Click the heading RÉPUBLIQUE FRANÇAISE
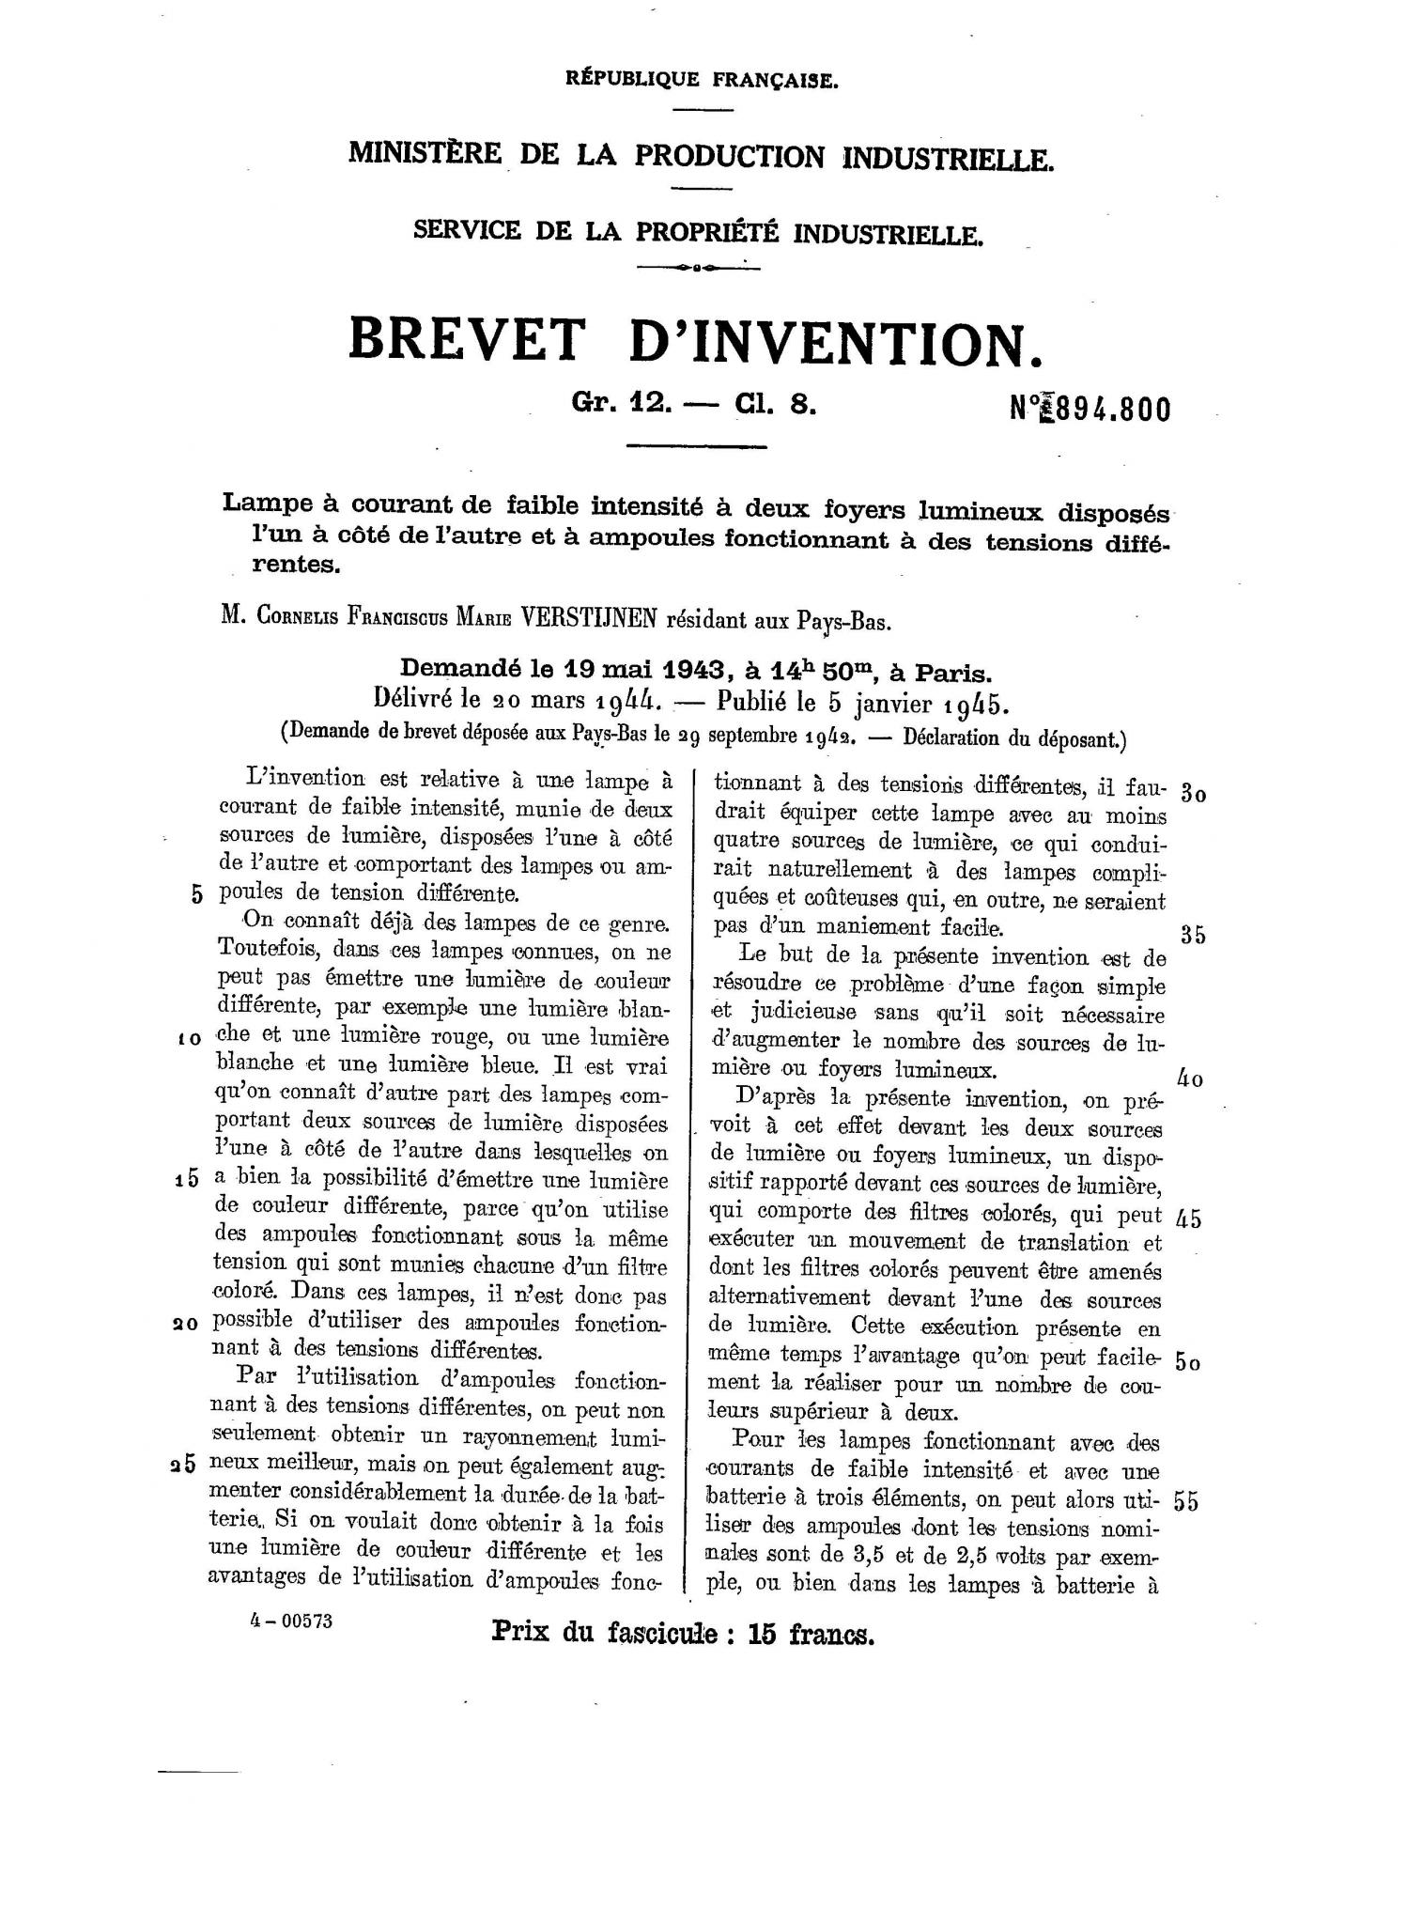[x=702, y=80]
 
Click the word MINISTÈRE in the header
[x=424, y=154]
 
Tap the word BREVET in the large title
[x=465, y=340]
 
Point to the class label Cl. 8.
[x=769, y=404]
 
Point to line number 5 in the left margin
[x=196, y=893]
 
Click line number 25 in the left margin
[x=183, y=1465]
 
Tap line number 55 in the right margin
[x=1186, y=1501]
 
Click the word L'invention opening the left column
[x=291, y=778]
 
